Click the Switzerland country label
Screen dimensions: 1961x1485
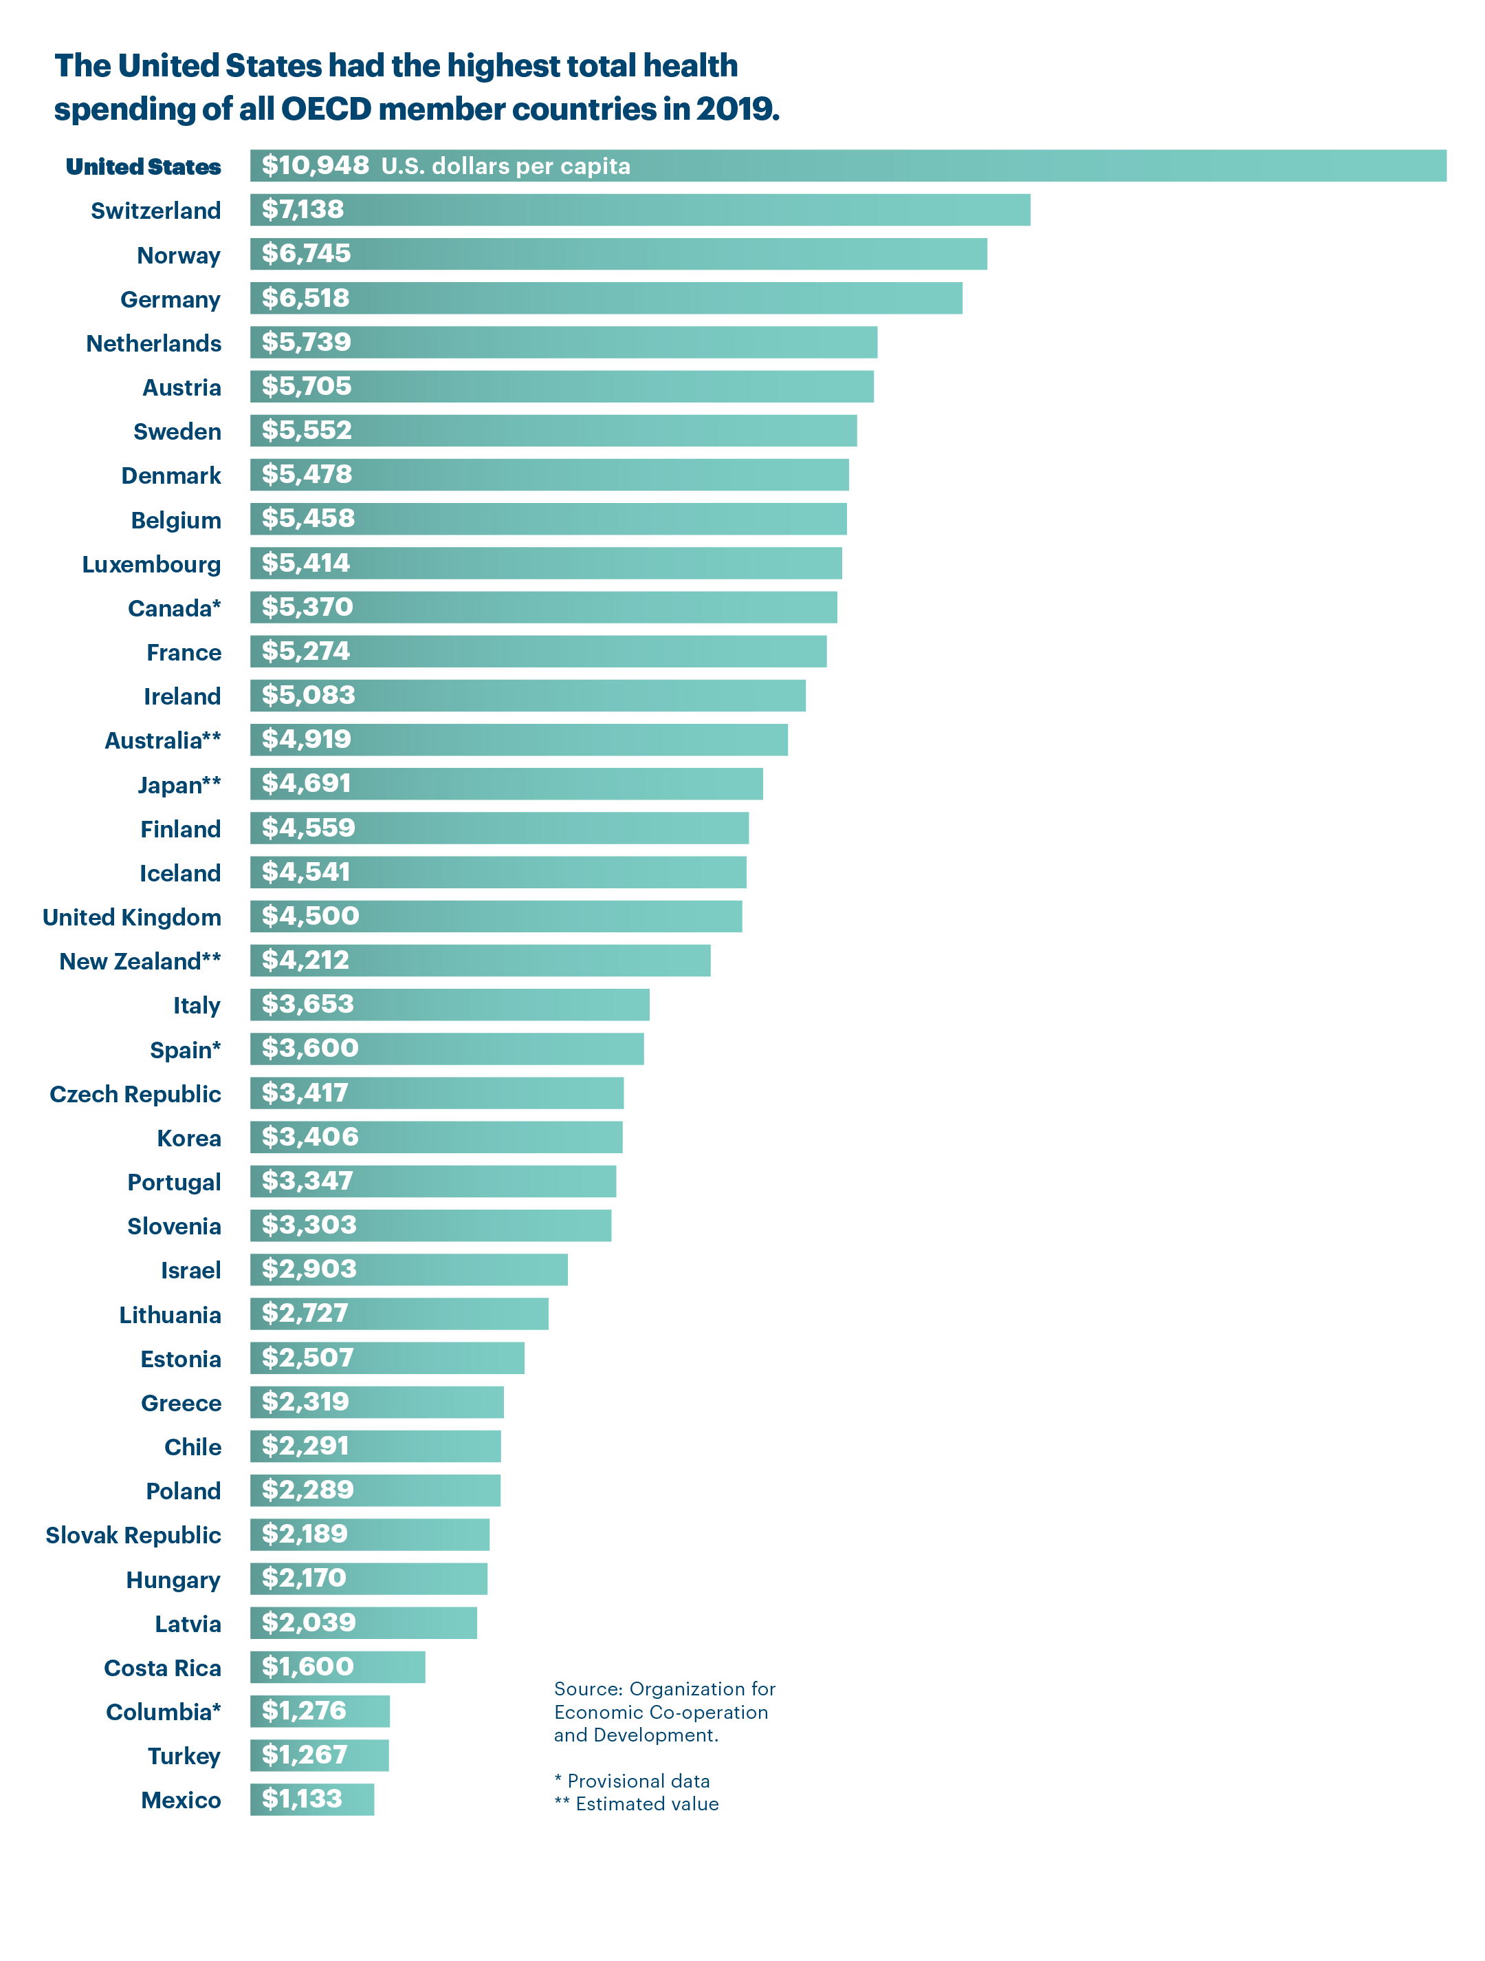pos(155,211)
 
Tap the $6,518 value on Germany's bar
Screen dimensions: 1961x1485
pos(306,298)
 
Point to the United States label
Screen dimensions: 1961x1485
pos(144,167)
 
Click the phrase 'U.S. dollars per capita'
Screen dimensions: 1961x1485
pos(505,167)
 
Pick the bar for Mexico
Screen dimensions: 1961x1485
pos(312,1800)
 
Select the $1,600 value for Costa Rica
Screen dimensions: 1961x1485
pos(307,1667)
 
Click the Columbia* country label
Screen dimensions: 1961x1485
pos(163,1712)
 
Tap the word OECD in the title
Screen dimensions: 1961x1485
pos(326,109)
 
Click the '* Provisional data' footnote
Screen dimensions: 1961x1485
pos(632,1781)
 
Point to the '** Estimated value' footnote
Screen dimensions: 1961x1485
pos(636,1804)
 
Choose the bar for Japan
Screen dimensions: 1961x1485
pos(506,784)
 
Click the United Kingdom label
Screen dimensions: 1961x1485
pos(132,918)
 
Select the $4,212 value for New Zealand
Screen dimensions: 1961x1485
pos(306,960)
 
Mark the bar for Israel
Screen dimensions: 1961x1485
pos(408,1269)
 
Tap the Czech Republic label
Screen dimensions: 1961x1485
pos(135,1094)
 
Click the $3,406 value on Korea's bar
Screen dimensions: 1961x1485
pos(310,1137)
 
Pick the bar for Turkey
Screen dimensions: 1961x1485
pos(319,1755)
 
